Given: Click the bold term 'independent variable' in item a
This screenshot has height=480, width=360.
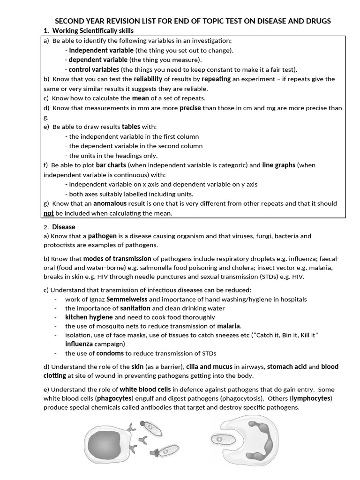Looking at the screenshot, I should (x=101, y=50).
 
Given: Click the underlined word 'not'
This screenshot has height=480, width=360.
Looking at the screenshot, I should (x=49, y=213).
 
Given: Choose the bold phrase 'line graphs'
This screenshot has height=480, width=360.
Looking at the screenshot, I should (x=278, y=165).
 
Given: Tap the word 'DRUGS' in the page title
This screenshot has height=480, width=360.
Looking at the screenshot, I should (x=314, y=21).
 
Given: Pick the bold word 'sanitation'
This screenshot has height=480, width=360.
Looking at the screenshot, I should (x=135, y=308).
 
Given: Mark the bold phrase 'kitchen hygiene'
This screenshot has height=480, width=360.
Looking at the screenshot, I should (x=89, y=317).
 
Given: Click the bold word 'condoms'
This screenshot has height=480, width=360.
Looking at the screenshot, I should (x=110, y=353).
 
